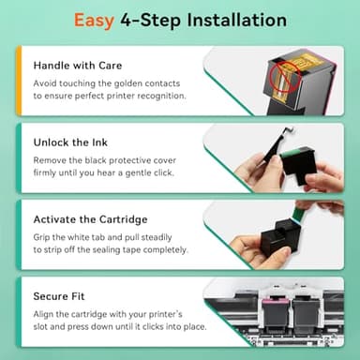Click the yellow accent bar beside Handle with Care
tap(18, 82)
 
